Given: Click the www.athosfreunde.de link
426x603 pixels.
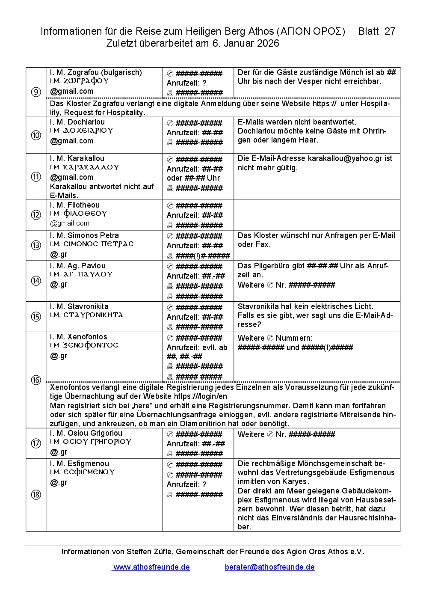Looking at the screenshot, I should (x=151, y=567).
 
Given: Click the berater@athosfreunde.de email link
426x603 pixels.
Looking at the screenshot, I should (x=269, y=567).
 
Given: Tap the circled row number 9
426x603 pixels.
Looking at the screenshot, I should (x=36, y=92).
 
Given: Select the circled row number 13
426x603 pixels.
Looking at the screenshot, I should (x=36, y=245).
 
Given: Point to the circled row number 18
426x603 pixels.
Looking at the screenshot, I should (x=36, y=495).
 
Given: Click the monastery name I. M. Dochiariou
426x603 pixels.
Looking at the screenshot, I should (x=77, y=122).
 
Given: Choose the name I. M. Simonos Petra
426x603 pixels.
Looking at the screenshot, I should (x=84, y=235).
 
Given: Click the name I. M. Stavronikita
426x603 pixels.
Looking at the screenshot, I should (x=79, y=306).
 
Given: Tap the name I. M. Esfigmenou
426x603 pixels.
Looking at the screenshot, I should (x=80, y=463).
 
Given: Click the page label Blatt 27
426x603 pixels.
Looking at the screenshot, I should (x=376, y=31).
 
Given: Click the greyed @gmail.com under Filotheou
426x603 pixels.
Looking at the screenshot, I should (x=70, y=223).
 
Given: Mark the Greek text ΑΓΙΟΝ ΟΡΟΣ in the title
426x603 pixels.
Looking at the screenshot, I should (x=311, y=32).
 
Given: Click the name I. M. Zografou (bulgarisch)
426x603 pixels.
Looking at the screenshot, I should (x=96, y=72).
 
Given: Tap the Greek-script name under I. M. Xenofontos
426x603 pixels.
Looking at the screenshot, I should (x=84, y=345).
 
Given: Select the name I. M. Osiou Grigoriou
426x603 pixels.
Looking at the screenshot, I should (x=86, y=433).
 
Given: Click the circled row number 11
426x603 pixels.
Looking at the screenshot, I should (x=36, y=177).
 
